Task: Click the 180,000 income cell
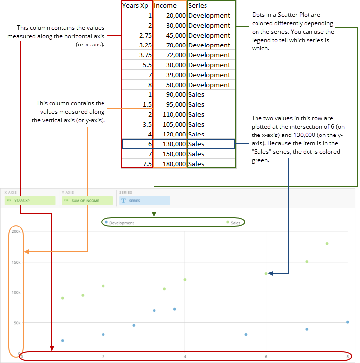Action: pyautogui.click(x=170, y=164)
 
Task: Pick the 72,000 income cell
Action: pyautogui.click(x=170, y=55)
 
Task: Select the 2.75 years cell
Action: pyautogui.click(x=137, y=35)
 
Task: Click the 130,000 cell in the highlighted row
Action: pyautogui.click(x=170, y=144)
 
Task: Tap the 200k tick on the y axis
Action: pyautogui.click(x=15, y=231)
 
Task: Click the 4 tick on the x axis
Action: pyautogui.click(x=185, y=356)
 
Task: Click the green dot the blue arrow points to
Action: pyautogui.click(x=266, y=273)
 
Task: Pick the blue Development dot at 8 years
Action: pyautogui.click(x=348, y=322)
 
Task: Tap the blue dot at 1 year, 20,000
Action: pyautogui.click(x=62, y=340)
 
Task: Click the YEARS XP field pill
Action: pyautogui.click(x=30, y=201)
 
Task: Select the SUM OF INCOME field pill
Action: pyautogui.click(x=87, y=201)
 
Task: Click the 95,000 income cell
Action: pyautogui.click(x=170, y=104)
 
